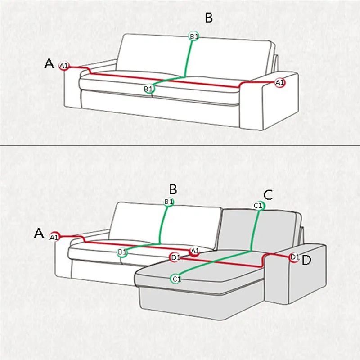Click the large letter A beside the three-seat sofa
tap(49, 63)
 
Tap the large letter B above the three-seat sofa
tap(209, 18)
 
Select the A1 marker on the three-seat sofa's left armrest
tap(64, 66)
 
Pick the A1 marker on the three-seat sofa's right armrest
tap(280, 83)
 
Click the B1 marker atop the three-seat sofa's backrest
tap(194, 36)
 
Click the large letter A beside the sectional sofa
tap(39, 233)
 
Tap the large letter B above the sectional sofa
tap(173, 189)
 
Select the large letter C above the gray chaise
tap(268, 195)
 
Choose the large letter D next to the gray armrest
tap(306, 260)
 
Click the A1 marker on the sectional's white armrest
tap(54, 237)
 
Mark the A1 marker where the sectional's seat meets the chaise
tap(195, 252)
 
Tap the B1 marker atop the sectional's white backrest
tap(169, 202)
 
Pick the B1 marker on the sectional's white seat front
tap(122, 252)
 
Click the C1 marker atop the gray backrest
tap(259, 206)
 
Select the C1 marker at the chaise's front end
tap(176, 279)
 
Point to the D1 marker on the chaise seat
tap(175, 257)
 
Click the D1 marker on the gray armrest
tap(295, 257)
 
